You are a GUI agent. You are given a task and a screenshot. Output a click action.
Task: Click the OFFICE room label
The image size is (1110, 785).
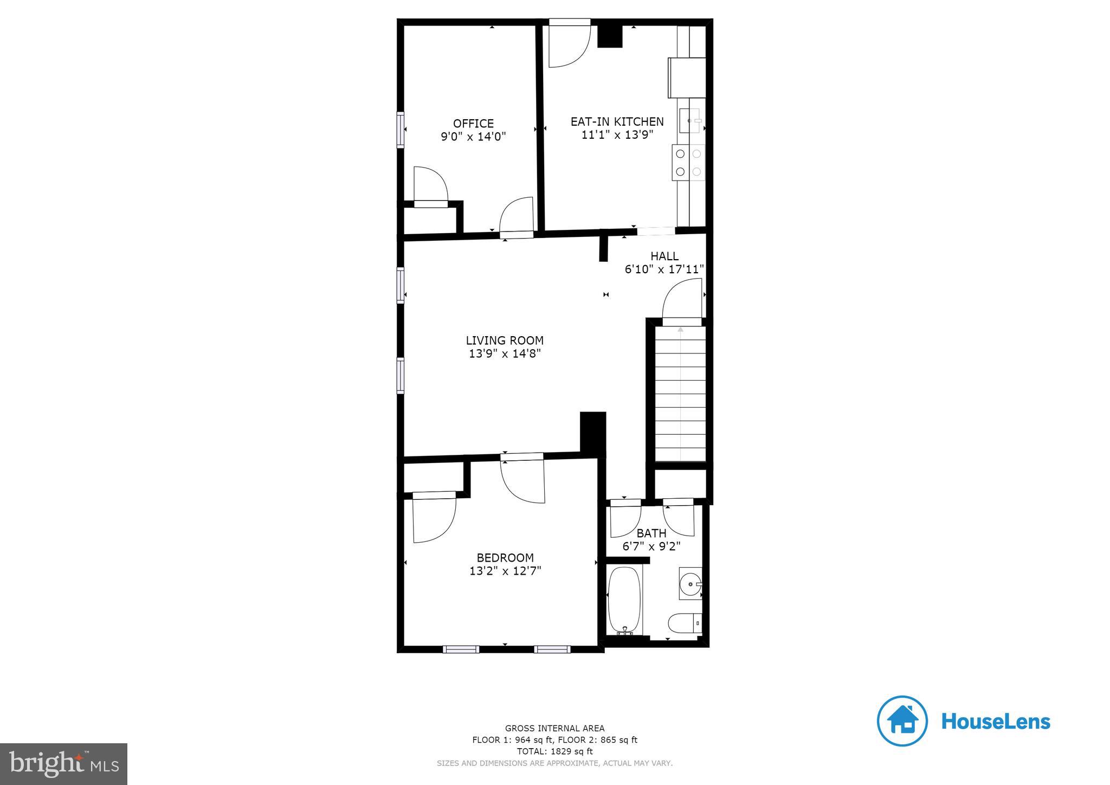[x=473, y=124]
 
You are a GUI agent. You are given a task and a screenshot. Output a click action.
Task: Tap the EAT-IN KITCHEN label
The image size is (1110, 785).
[x=617, y=121]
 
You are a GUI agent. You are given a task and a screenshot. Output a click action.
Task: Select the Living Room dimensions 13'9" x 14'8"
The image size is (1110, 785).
[x=505, y=354]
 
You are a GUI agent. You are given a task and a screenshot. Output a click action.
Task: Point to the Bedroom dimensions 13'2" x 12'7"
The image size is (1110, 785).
[x=505, y=571]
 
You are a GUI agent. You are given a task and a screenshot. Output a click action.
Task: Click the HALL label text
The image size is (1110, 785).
[x=664, y=256]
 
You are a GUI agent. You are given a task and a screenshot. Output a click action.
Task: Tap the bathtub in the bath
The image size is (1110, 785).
[x=625, y=601]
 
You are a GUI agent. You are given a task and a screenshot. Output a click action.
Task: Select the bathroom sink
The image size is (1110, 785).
[x=690, y=584]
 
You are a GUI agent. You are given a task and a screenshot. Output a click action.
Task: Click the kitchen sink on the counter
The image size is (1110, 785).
[x=691, y=120]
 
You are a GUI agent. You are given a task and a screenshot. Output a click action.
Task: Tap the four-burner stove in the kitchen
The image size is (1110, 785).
[x=688, y=163]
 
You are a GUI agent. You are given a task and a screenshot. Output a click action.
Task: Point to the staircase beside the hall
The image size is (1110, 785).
[x=681, y=393]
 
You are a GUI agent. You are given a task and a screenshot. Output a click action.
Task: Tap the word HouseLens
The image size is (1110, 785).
[x=996, y=722]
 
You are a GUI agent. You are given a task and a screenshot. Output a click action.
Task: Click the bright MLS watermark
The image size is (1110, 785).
[x=64, y=764]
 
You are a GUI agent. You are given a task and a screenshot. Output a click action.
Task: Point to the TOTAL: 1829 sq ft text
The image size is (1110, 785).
[x=554, y=751]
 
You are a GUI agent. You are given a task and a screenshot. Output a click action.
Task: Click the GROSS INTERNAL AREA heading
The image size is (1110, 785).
[x=554, y=728]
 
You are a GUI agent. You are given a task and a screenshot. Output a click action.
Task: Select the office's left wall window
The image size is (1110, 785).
[x=401, y=130]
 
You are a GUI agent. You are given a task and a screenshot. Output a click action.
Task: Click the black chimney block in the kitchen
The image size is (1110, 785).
[x=610, y=36]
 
